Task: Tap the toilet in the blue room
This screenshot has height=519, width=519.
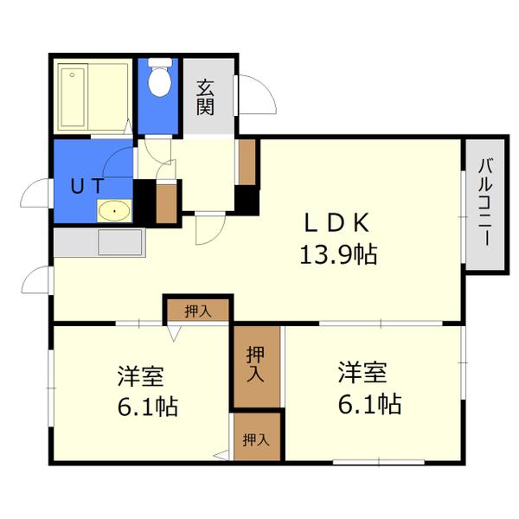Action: coord(158,80)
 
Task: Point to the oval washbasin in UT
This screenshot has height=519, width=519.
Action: coord(113,209)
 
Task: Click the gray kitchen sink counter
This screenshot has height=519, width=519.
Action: coord(97,241)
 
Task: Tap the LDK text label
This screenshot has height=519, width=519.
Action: coord(336,222)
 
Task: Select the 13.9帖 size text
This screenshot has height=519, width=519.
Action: coord(337,254)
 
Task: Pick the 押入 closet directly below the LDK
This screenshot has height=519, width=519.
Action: coord(198,310)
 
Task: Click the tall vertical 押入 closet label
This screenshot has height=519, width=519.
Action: coord(256,364)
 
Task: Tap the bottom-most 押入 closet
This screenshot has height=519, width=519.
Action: coord(256,439)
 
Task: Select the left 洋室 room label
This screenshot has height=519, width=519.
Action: coord(141,377)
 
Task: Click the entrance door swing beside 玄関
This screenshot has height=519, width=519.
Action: coord(254,95)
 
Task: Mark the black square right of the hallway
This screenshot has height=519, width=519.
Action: coord(247,200)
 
